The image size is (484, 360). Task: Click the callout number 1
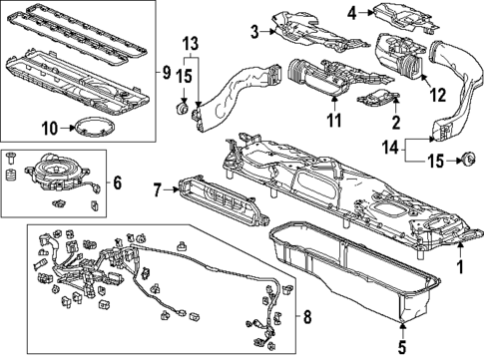coord(459,266)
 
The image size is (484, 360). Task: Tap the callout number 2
coord(397,122)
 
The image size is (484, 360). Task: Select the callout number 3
coord(254,33)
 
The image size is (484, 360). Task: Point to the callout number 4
coord(352,13)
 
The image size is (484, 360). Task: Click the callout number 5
coord(402,348)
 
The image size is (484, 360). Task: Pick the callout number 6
coord(118,182)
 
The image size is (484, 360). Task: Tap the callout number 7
coord(157,189)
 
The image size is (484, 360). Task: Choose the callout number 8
coord(306,318)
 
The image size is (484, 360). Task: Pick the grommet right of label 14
coord(465,161)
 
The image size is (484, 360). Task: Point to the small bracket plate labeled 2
coord(375,100)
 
